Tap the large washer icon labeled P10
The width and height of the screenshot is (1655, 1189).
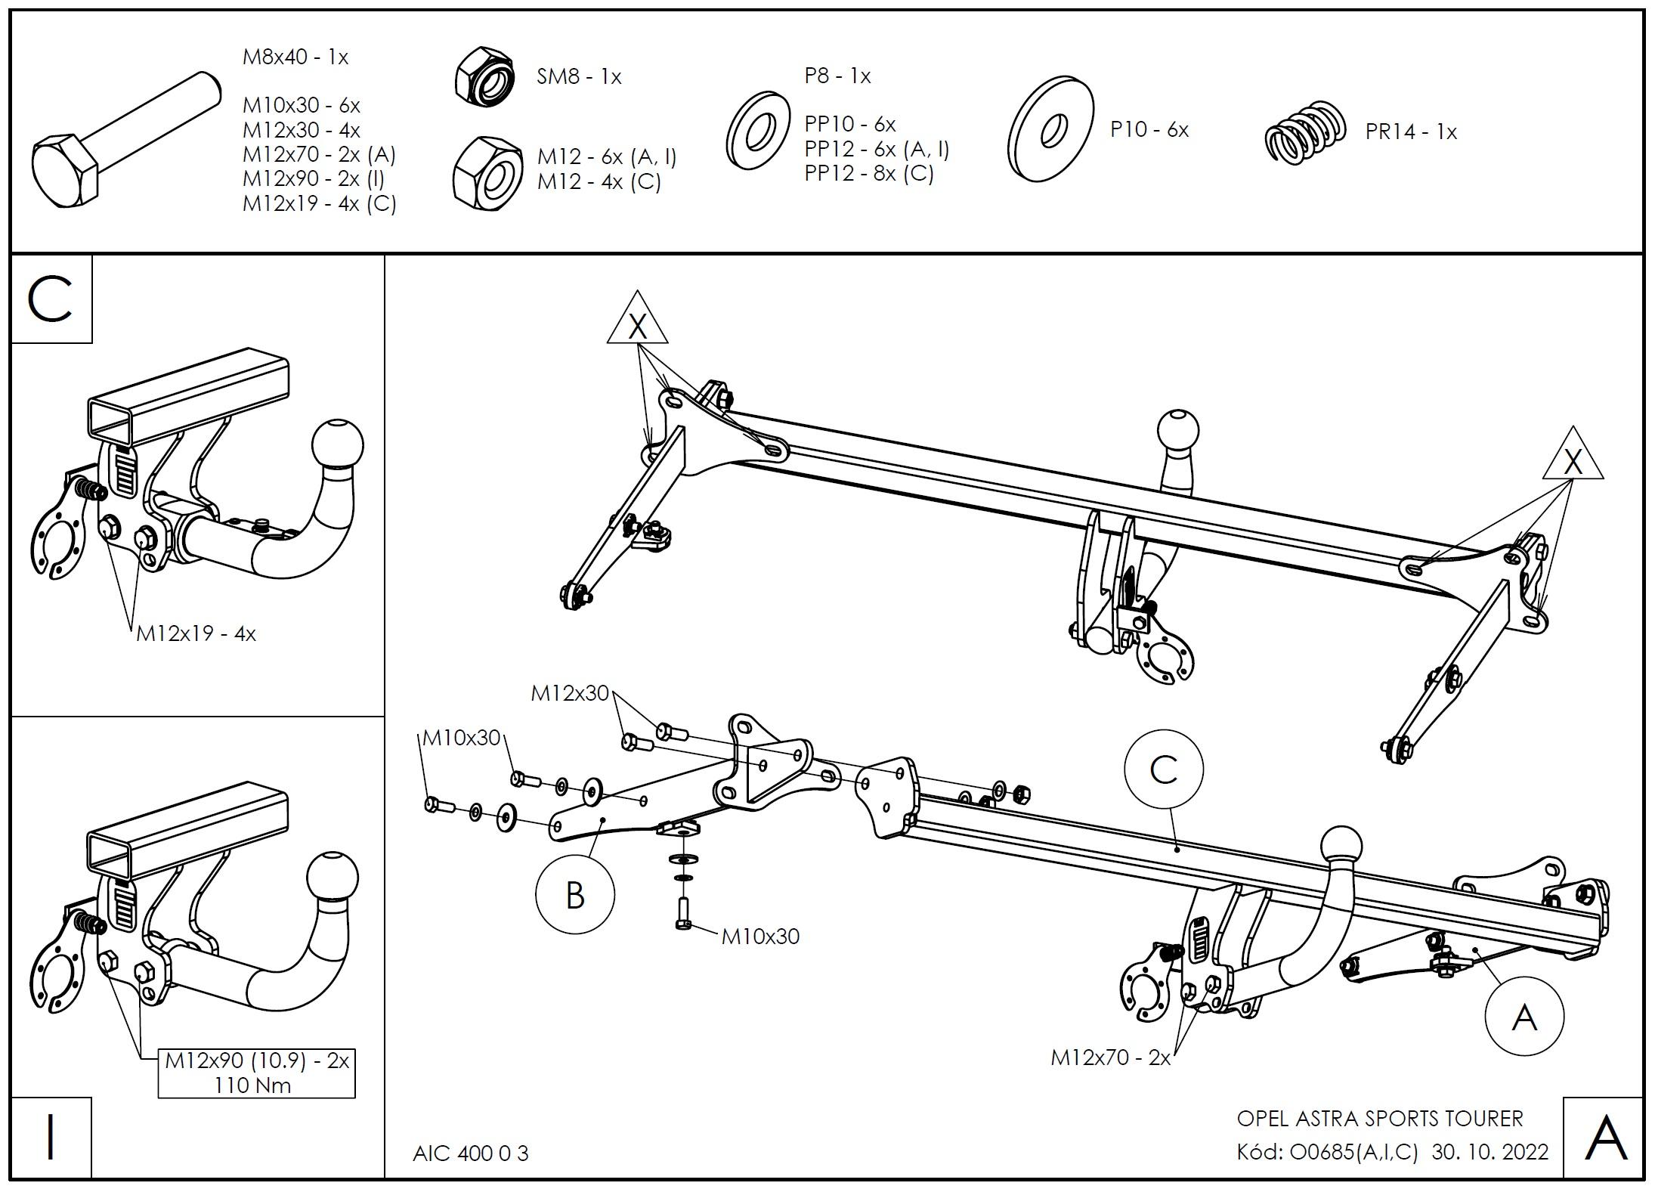pyautogui.click(x=1050, y=128)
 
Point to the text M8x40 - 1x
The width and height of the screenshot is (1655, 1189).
pyautogui.click(x=295, y=57)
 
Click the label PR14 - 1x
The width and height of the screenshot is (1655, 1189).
pyautogui.click(x=1410, y=132)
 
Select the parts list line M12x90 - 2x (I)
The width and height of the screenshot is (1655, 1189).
pyautogui.click(x=314, y=179)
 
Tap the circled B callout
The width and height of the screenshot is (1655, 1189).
pyautogui.click(x=574, y=896)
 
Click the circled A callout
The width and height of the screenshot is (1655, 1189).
pyautogui.click(x=1524, y=1017)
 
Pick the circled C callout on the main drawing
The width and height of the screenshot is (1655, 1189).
pyautogui.click(x=1163, y=769)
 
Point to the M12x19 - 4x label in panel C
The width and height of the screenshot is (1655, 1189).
pyautogui.click(x=196, y=633)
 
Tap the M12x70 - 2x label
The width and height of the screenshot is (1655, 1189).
pyautogui.click(x=1110, y=1057)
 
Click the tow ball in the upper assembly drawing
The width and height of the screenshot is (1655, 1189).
pyautogui.click(x=1177, y=429)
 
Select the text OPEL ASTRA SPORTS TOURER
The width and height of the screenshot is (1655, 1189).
pyautogui.click(x=1380, y=1119)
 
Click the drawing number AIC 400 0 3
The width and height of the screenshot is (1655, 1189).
pyautogui.click(x=470, y=1153)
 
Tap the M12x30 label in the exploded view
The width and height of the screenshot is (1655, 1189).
pyautogui.click(x=569, y=693)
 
